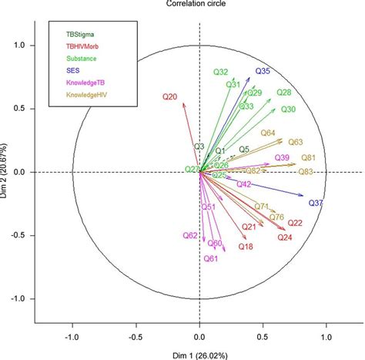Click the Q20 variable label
(x=170, y=97)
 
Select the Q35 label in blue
(x=263, y=72)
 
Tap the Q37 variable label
(x=316, y=203)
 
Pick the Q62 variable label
(x=190, y=235)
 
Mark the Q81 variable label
(x=308, y=157)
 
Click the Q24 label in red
(x=285, y=237)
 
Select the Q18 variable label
(x=246, y=247)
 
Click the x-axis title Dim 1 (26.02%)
(x=199, y=354)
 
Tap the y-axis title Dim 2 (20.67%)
(x=7, y=172)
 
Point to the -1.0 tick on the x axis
(x=72, y=336)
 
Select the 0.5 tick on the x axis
(x=263, y=336)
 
